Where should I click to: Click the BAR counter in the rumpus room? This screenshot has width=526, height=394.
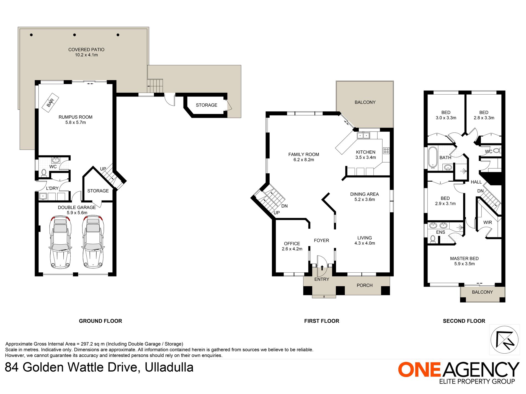(x=50, y=103)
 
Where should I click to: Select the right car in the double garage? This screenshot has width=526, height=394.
(x=93, y=242)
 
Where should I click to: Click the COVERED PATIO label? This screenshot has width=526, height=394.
(x=86, y=50)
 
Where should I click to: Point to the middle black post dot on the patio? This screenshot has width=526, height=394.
(x=74, y=35)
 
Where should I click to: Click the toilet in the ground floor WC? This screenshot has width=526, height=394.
(x=44, y=173)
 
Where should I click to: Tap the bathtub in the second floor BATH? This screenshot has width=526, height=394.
(x=433, y=157)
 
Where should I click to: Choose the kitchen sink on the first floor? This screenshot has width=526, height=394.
(x=363, y=135)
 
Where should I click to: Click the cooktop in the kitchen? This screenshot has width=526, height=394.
(x=386, y=151)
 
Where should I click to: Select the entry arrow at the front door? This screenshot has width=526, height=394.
(x=322, y=268)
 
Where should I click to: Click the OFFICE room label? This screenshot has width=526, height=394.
(x=292, y=244)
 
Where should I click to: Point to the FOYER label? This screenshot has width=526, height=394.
(x=321, y=241)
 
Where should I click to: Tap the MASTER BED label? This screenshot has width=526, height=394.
(x=464, y=259)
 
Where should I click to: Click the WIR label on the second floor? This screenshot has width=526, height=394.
(x=488, y=223)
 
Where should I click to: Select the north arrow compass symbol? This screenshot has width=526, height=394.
(x=504, y=340)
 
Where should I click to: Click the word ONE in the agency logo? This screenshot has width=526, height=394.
(x=419, y=370)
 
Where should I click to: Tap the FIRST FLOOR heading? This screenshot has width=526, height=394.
(x=322, y=321)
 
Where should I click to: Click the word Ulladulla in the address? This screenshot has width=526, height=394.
(x=169, y=367)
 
